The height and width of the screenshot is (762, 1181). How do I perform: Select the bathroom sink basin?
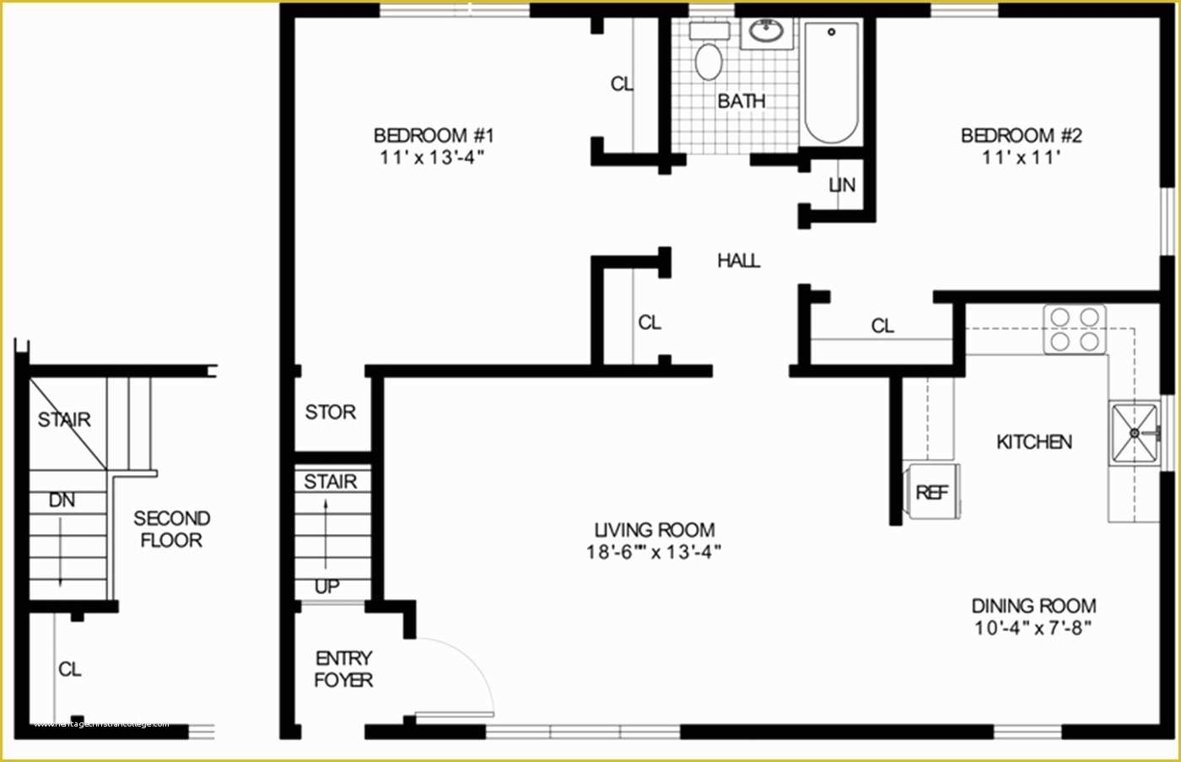tap(768, 34)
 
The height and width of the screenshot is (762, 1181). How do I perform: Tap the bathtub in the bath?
tap(831, 83)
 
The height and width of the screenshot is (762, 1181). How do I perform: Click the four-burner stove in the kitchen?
tap(1075, 329)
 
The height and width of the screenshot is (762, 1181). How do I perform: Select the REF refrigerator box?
tap(932, 492)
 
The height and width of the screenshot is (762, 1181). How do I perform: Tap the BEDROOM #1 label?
tap(434, 135)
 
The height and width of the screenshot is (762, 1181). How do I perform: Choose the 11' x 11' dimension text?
tap(1021, 158)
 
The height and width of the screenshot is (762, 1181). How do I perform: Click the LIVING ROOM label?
tap(655, 530)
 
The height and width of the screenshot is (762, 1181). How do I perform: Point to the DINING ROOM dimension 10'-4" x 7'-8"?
tap(1033, 628)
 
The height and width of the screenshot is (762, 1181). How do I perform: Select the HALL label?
tap(738, 261)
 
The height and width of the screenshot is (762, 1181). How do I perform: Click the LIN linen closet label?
tap(842, 185)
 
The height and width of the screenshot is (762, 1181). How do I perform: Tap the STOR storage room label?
tap(330, 412)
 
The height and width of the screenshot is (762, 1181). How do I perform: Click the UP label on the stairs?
tap(327, 586)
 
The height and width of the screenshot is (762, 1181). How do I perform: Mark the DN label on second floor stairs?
tap(62, 500)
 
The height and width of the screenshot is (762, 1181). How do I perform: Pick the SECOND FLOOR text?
tap(171, 529)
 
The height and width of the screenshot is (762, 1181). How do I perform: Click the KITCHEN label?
tap(1034, 442)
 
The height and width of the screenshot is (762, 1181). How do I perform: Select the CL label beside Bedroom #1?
tap(622, 84)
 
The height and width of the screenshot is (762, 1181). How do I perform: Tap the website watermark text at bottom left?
tap(101, 724)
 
